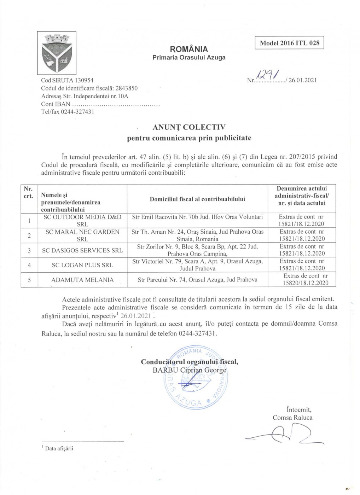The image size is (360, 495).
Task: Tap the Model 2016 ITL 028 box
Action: (289, 43)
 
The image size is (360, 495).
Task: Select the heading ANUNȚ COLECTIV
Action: (189, 128)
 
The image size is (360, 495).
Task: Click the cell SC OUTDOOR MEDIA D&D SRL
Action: (82, 220)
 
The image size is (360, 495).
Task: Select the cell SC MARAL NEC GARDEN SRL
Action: (82, 235)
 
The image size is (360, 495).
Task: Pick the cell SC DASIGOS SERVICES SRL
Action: (82, 250)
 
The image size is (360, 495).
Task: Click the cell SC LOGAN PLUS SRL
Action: (82, 265)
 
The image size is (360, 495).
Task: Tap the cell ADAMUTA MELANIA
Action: (82, 280)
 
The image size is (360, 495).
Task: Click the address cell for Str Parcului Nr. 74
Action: (197, 280)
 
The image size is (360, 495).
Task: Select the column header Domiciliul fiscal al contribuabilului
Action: (197, 199)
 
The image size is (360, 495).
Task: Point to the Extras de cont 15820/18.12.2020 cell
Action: (305, 279)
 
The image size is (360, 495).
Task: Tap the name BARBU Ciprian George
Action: (189, 370)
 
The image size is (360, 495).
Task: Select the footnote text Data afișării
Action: (59, 449)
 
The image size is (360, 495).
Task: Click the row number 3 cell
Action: (29, 250)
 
